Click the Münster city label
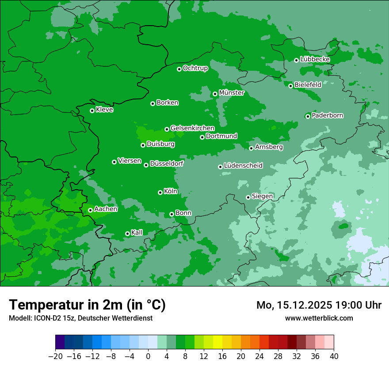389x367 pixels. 231,93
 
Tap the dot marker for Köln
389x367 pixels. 160,192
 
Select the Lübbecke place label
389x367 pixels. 315,59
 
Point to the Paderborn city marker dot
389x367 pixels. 308,116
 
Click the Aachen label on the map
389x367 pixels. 106,209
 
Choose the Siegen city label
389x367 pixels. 262,196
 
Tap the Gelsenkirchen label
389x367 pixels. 192,128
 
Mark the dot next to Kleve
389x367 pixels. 92,111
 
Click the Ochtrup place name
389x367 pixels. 195,68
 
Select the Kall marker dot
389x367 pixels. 127,233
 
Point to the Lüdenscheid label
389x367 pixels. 243,166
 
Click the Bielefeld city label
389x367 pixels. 308,84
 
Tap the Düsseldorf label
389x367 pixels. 166,164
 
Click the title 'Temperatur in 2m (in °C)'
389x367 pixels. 87,305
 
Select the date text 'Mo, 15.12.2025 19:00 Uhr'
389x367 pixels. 319,305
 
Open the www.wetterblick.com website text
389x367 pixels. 319,318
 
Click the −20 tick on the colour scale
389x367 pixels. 55,356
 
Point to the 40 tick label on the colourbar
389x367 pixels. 334,356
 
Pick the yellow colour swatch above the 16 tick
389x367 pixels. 217,342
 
